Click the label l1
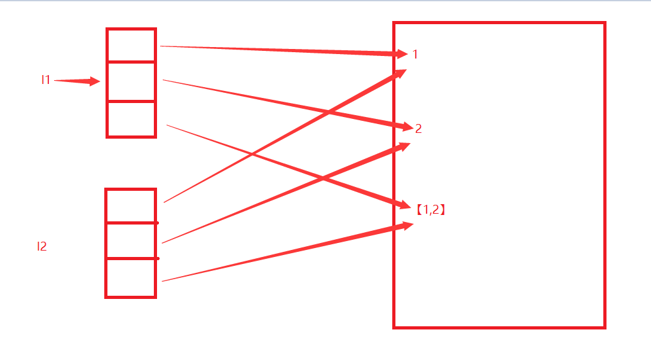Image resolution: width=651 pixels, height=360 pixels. coord(45,80)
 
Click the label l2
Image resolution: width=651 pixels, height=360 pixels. coord(42,247)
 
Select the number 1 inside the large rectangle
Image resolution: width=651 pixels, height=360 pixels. coord(415,55)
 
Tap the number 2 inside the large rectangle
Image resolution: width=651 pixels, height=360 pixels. coord(418,129)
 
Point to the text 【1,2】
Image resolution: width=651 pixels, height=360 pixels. coord(430,209)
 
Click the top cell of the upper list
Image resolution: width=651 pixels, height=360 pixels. coord(131,46)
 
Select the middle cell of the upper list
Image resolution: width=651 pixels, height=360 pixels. coord(131,81)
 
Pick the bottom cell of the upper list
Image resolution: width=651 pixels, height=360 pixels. coord(131,118)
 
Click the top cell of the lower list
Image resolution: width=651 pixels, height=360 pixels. coord(131,206)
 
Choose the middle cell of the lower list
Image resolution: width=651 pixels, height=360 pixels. coord(131,241)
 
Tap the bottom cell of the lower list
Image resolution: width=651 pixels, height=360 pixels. coord(131,277)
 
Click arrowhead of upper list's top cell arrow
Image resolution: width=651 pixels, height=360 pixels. coord(402,54)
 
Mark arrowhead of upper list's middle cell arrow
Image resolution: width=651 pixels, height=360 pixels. coord(408,127)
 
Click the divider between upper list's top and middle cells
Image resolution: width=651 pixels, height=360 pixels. coord(131,62)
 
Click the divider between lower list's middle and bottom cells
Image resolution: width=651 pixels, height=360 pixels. coord(131,259)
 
